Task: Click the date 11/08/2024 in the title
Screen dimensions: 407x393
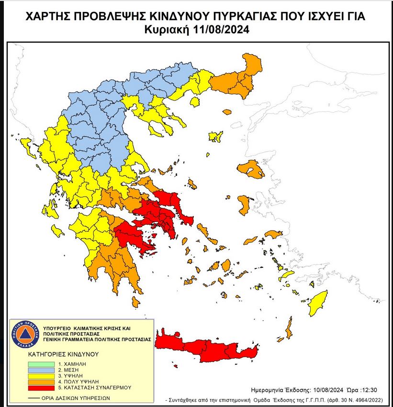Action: (223, 30)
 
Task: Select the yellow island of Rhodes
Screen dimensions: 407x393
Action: (318, 303)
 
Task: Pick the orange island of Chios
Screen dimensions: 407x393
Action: (244, 205)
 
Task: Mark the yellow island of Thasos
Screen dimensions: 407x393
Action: (194, 101)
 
